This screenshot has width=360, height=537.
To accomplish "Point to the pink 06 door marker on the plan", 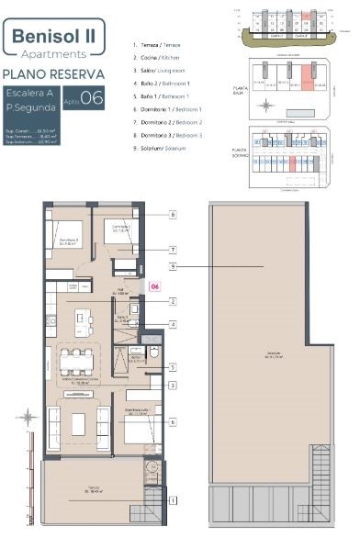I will click(155, 285).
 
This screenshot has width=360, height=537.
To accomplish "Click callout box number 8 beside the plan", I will click(172, 215).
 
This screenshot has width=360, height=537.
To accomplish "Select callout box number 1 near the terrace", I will click(172, 500).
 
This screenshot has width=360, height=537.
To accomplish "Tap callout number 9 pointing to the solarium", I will click(172, 265).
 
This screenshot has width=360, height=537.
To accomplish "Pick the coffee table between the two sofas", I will click(78, 425).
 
